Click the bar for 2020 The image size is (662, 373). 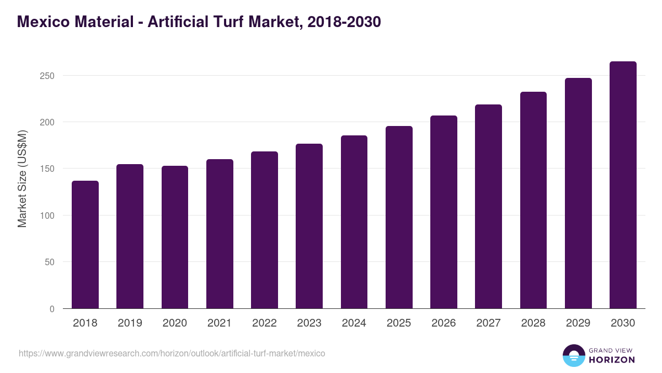pos(174,238)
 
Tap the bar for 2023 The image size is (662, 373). pos(309,227)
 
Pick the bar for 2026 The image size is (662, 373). pos(444,212)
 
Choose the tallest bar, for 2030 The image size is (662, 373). pos(623,185)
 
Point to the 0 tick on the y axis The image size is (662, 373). pos(52,309)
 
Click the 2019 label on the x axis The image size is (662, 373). pos(130,323)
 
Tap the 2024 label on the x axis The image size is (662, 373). pos(354,323)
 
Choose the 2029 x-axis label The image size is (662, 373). pos(578,323)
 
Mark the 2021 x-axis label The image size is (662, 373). pos(219,323)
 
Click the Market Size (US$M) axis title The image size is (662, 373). pos(22,178)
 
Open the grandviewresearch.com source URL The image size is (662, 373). pos(172,353)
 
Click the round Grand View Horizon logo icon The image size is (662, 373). pos(573,355)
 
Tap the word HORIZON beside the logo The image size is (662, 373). pos(612,360)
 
